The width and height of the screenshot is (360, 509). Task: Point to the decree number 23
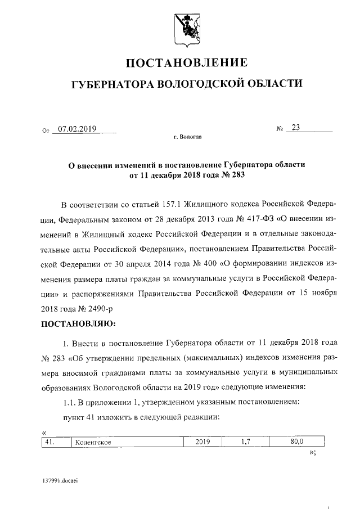[x=296, y=128]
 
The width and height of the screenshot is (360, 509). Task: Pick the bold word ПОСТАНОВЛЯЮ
[x=78, y=324]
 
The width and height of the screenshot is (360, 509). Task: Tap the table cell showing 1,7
[x=245, y=442]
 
